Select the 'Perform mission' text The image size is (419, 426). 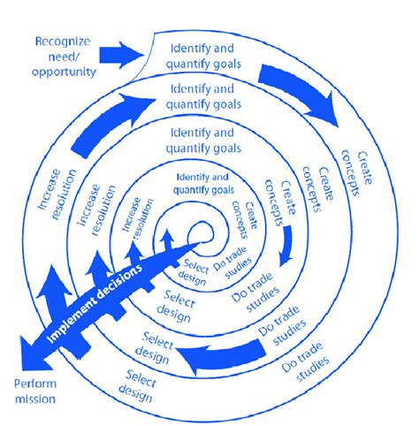click(34, 392)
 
